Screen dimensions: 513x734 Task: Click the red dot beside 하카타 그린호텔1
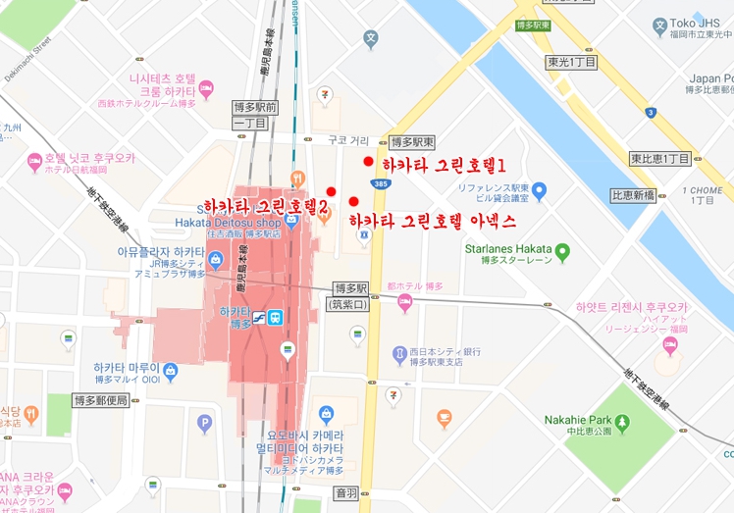point(368,162)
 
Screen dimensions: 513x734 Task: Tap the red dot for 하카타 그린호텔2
point(332,191)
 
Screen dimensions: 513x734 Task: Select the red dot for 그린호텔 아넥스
point(353,202)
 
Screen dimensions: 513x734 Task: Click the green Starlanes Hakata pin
point(562,252)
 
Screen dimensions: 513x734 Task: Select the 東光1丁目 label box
point(572,62)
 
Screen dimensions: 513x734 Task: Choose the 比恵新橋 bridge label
point(633,195)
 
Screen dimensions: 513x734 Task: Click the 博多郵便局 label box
point(101,400)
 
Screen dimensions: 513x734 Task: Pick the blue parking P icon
point(204,424)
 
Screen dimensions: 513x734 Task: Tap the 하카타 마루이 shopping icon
point(170,371)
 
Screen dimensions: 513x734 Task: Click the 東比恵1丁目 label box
point(660,158)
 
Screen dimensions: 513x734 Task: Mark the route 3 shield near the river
point(650,113)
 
